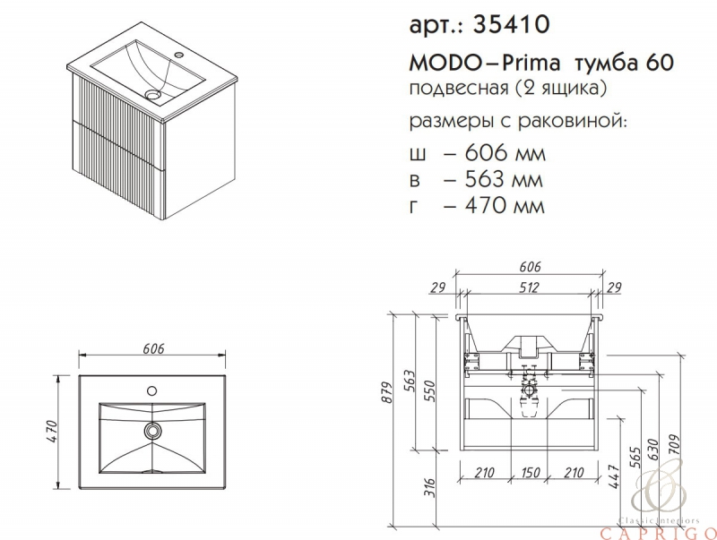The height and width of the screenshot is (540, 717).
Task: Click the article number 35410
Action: click(x=511, y=24)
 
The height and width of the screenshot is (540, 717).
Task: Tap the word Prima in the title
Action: click(x=531, y=64)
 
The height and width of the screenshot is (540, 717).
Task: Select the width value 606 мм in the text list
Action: click(x=505, y=152)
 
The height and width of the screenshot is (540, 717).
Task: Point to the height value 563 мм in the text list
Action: click(x=504, y=179)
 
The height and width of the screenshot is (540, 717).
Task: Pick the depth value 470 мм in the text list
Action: click(x=505, y=205)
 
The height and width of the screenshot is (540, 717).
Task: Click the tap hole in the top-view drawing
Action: click(x=151, y=390)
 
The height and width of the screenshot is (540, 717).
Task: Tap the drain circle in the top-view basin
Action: click(x=152, y=431)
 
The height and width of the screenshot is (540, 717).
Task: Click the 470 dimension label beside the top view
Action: click(x=51, y=431)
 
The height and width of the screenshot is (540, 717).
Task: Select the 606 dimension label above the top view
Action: click(x=153, y=348)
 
